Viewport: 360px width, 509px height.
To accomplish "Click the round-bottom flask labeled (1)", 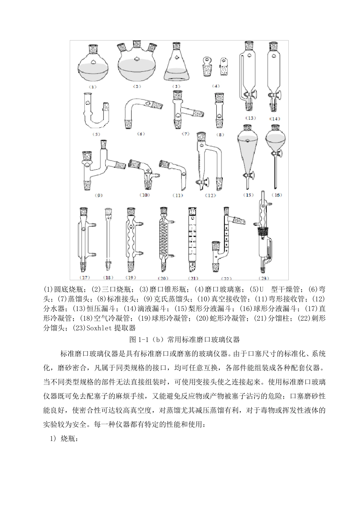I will (93, 66).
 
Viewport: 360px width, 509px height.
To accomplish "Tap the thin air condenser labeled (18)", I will (108, 239).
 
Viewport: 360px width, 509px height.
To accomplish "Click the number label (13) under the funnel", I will (250, 118).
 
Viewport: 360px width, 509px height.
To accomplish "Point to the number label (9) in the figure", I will (99, 196).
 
